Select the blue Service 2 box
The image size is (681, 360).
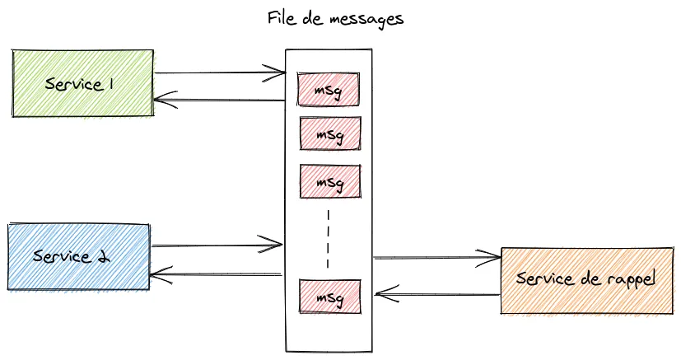click(x=78, y=255)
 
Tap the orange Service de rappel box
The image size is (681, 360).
click(x=586, y=279)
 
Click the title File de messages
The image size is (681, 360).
click(x=336, y=19)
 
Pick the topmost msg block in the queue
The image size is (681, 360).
click(x=329, y=88)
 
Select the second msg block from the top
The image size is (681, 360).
click(x=329, y=133)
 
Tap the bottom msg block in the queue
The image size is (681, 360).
click(x=329, y=296)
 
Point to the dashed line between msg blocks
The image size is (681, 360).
click(x=329, y=238)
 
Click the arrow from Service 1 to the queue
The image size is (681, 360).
click(x=219, y=73)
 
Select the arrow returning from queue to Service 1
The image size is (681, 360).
click(x=219, y=101)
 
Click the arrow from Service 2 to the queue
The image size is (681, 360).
click(x=217, y=245)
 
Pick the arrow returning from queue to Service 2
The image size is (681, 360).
click(x=217, y=274)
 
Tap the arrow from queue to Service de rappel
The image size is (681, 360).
click(x=436, y=258)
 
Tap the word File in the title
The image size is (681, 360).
click(x=282, y=18)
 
